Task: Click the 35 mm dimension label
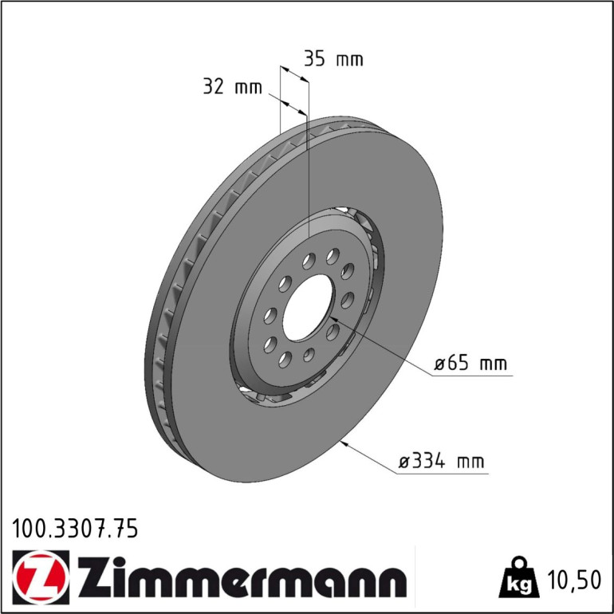[333, 59]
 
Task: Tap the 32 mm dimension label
[233, 87]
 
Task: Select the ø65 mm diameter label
[470, 364]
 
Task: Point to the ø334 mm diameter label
[441, 461]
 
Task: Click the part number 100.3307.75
[75, 529]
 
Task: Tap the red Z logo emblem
[41, 577]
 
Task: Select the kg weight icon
[519, 577]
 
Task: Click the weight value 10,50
[574, 581]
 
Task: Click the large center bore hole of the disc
[307, 307]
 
